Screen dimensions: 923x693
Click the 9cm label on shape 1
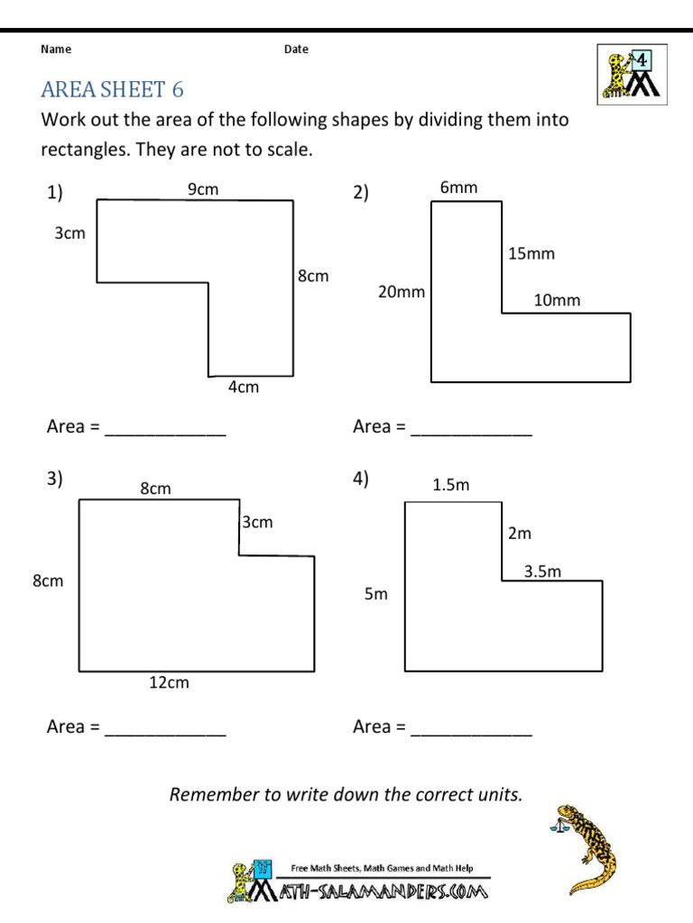click(x=203, y=189)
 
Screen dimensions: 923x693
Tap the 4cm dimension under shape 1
click(x=243, y=388)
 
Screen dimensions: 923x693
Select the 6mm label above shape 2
click(x=458, y=187)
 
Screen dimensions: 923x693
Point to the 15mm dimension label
click(x=531, y=254)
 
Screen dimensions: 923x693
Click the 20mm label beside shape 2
click(x=401, y=292)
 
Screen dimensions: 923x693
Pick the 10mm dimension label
click(x=557, y=301)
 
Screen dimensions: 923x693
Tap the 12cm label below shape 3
click(x=169, y=683)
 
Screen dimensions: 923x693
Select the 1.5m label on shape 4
click(x=451, y=485)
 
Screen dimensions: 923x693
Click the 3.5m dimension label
click(x=543, y=571)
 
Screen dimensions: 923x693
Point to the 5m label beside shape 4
click(x=375, y=595)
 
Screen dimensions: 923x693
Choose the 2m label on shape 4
click(x=520, y=534)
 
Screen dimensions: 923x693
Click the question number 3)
click(x=54, y=480)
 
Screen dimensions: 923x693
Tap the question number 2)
click(x=361, y=192)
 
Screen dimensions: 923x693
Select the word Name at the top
click(x=56, y=50)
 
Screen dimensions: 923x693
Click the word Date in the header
click(x=296, y=50)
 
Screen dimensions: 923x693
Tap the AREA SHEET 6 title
click(x=112, y=89)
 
